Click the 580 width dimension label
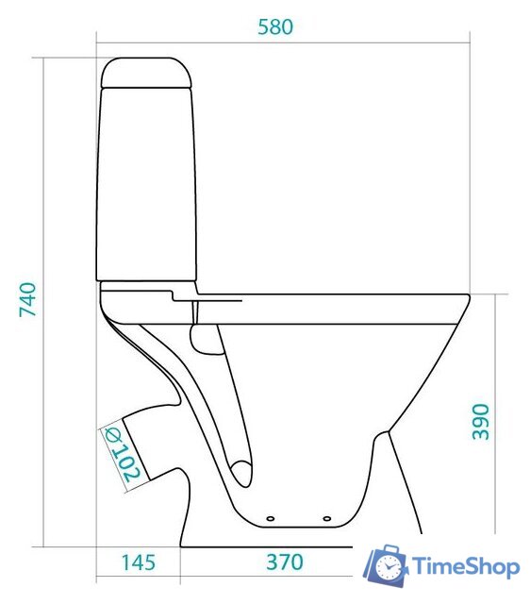point(275,27)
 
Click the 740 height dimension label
point(28,299)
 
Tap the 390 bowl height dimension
point(481,422)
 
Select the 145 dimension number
point(139,562)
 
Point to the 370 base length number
point(285,562)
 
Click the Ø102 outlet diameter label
point(122,454)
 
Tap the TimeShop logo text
point(466,566)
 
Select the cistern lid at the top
point(146,72)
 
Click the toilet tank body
point(146,184)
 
